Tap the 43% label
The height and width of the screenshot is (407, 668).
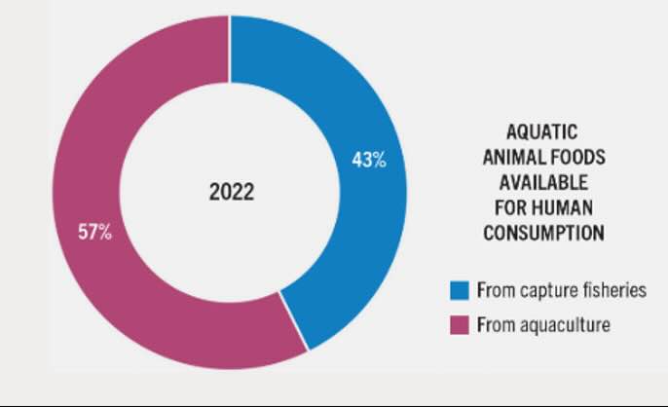pyautogui.click(x=369, y=160)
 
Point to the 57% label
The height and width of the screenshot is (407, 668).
pyautogui.click(x=95, y=233)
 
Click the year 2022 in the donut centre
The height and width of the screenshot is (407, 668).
pyautogui.click(x=232, y=192)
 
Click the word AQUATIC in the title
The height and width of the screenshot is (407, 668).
pyautogui.click(x=542, y=131)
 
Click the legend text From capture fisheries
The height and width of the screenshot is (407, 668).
pyautogui.click(x=556, y=289)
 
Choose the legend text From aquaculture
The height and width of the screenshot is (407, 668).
pyautogui.click(x=542, y=325)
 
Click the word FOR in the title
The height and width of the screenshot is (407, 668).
pyautogui.click(x=515, y=207)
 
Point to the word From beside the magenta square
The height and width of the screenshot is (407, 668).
pyautogui.click(x=494, y=325)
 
